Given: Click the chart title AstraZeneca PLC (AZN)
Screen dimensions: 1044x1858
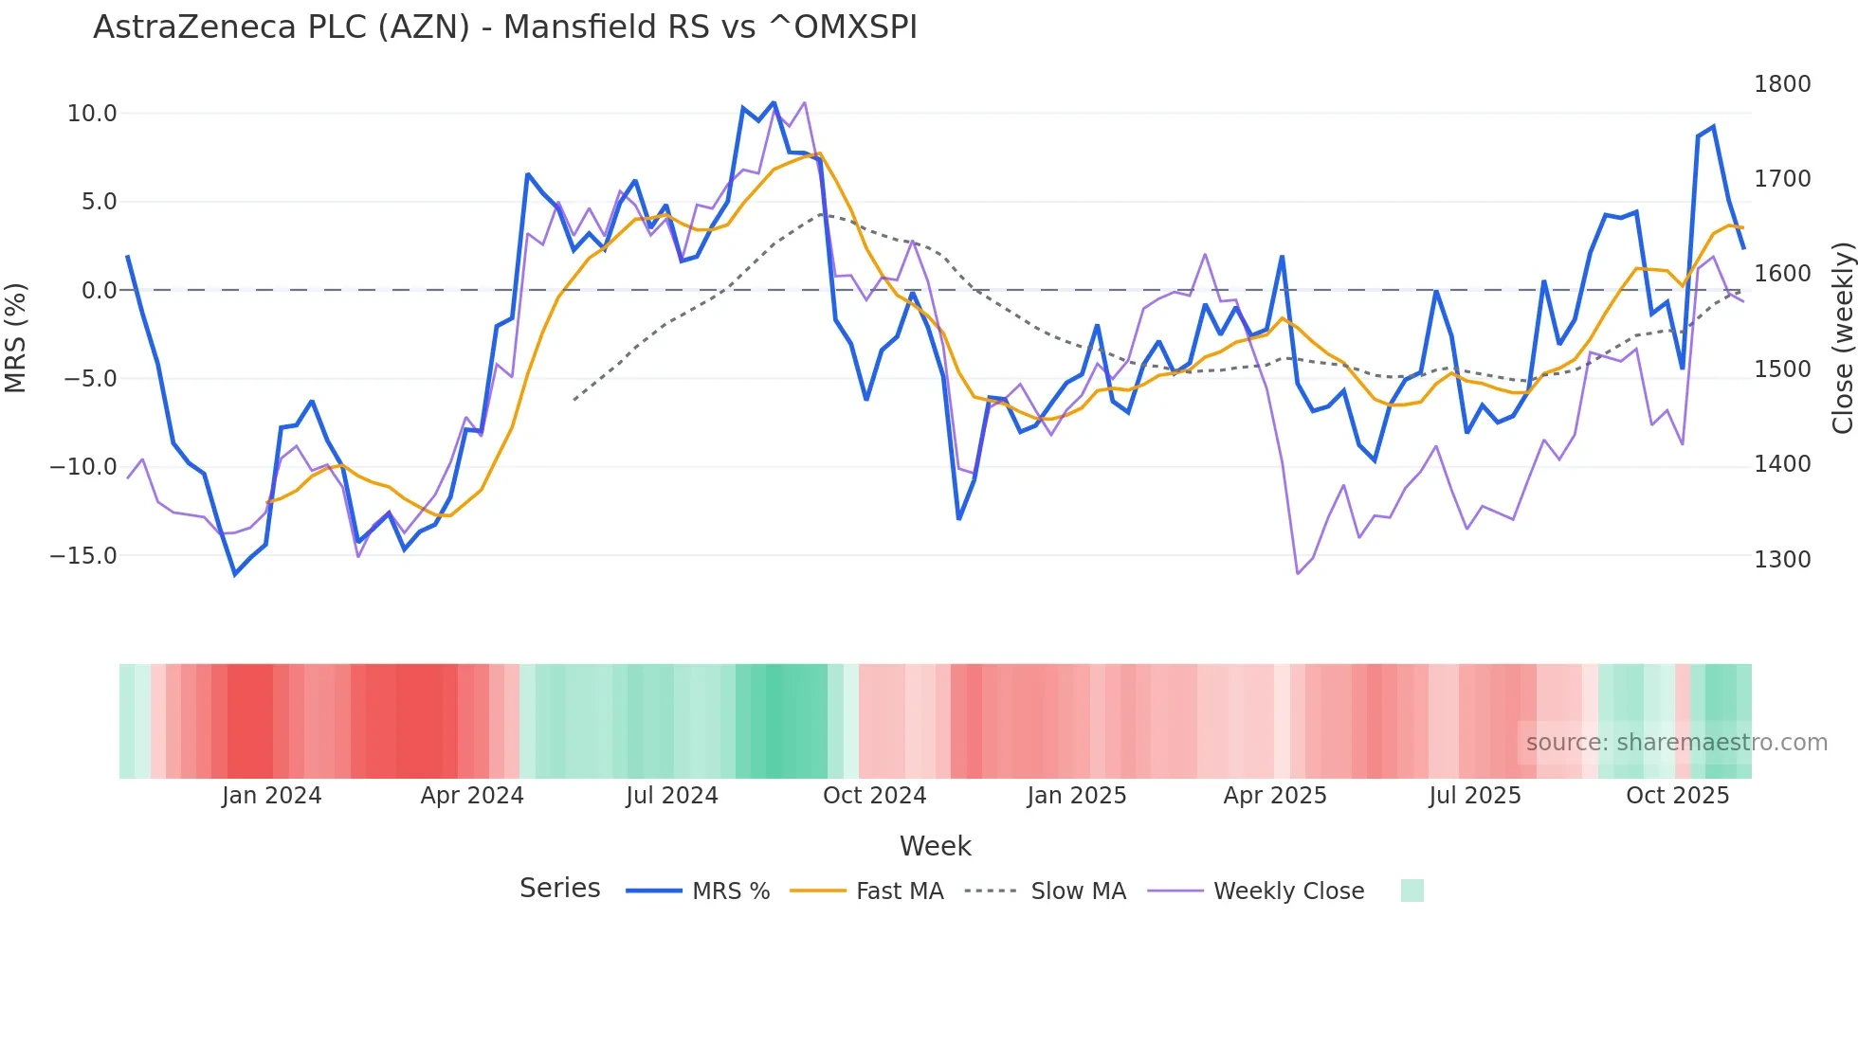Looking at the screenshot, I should point(504,27).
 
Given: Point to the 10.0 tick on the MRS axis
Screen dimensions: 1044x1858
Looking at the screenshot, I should point(92,114).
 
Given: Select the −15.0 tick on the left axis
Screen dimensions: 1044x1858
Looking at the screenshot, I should point(83,556).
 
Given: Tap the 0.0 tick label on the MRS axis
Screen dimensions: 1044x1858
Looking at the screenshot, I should point(99,291).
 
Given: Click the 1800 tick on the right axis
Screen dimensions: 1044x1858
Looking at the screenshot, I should point(1782,84).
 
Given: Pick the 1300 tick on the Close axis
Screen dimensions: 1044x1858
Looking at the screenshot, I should point(1782,560).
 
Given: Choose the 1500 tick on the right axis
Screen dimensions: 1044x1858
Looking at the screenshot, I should point(1782,369).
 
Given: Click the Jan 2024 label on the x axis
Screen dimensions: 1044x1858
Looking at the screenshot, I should point(272,796).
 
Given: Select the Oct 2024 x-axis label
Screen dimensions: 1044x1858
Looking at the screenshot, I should point(874,796).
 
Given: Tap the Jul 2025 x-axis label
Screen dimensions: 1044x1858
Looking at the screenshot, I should point(1475,796).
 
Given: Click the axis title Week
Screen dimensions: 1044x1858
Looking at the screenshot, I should point(935,846).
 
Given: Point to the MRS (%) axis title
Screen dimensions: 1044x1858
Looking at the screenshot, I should point(16,337).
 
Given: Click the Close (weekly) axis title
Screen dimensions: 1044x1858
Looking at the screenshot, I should point(1842,338).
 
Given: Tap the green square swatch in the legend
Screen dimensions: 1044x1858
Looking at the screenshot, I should point(1412,891).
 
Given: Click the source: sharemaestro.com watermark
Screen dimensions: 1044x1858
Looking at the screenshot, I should point(1676,743).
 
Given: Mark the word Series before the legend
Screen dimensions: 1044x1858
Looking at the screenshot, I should point(559,889).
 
